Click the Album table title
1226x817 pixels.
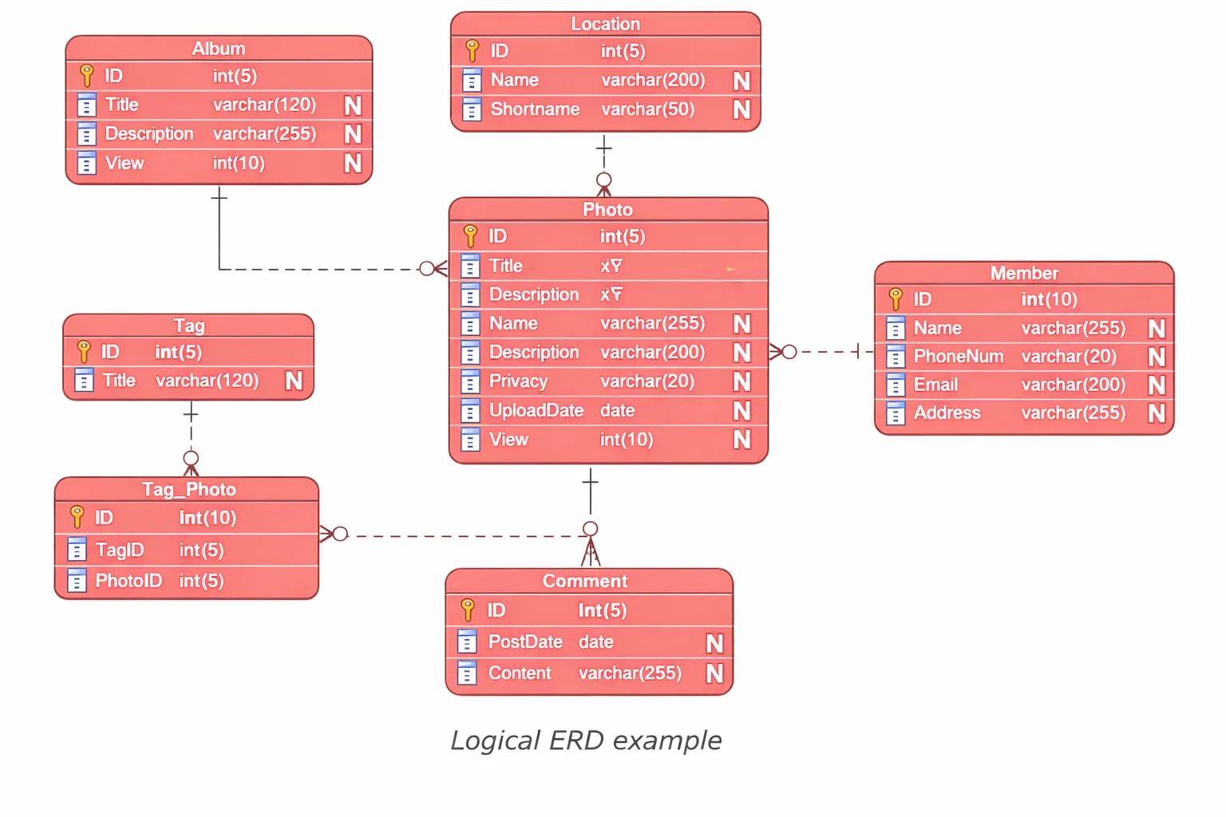click(x=218, y=49)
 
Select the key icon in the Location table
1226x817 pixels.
click(x=472, y=51)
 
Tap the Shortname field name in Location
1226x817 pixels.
click(x=535, y=109)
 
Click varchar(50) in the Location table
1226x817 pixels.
click(x=647, y=109)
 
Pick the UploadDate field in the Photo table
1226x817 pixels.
click(x=536, y=410)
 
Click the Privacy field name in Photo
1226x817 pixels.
click(x=518, y=381)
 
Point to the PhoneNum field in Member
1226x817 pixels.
click(x=958, y=357)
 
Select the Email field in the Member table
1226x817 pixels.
click(x=935, y=385)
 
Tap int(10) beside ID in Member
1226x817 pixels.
click(x=1049, y=299)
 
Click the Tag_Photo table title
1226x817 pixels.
click(x=188, y=489)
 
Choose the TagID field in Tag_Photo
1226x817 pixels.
click(x=120, y=550)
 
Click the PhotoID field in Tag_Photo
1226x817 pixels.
click(x=129, y=581)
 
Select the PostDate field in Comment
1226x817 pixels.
click(x=525, y=641)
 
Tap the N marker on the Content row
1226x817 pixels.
click(x=714, y=673)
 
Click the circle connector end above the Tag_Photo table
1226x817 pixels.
click(x=191, y=458)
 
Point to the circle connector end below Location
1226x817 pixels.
click(x=604, y=180)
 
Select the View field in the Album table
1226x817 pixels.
click(x=125, y=164)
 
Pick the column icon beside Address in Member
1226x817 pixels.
click(x=896, y=413)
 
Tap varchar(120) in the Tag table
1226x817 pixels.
click(x=207, y=381)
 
